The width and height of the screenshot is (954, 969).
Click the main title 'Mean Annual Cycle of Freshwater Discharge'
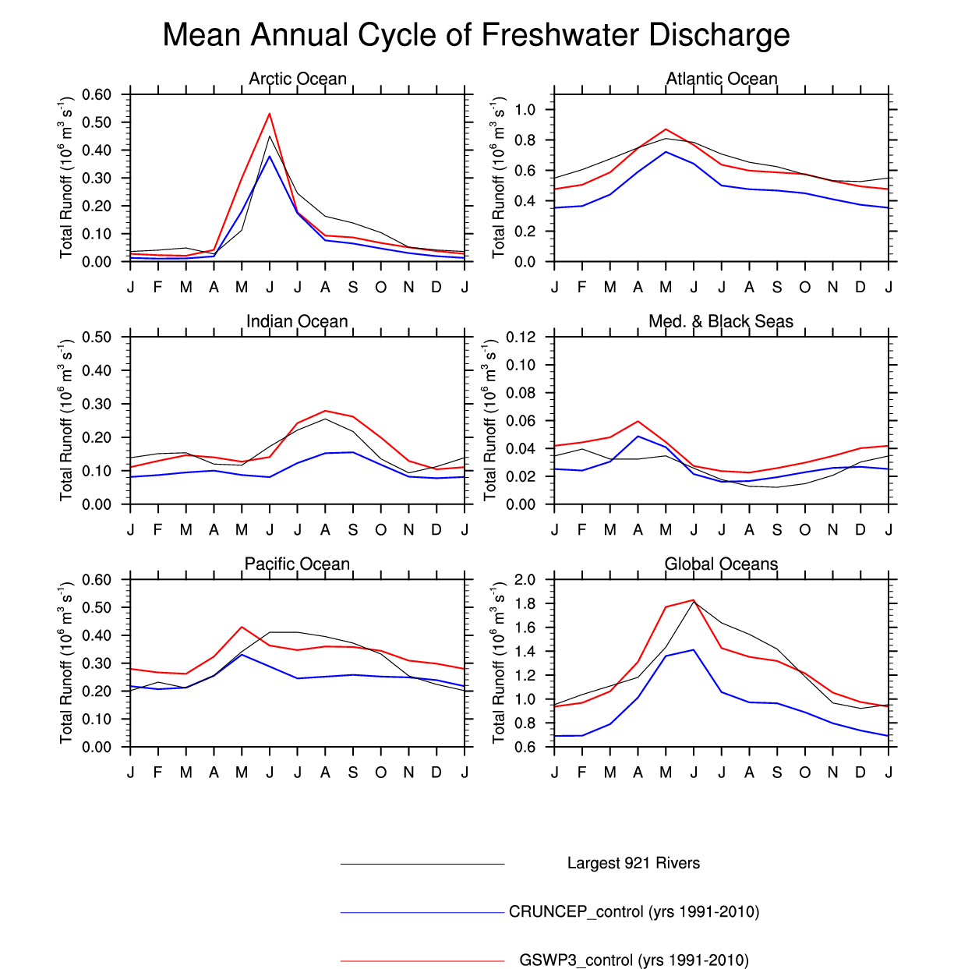(x=476, y=36)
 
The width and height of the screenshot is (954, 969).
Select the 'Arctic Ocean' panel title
(x=298, y=79)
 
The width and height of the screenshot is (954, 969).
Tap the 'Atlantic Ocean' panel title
(x=722, y=79)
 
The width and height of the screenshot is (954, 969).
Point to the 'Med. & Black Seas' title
(x=721, y=321)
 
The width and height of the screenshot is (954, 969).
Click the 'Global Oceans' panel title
(x=721, y=564)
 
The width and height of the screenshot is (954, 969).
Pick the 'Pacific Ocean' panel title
(x=297, y=564)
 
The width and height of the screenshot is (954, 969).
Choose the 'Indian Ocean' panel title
(x=297, y=321)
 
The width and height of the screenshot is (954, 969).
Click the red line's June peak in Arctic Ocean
(x=270, y=114)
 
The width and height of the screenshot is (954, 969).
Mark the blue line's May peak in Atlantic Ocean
(x=666, y=152)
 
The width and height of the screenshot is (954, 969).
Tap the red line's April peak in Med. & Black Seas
(x=638, y=421)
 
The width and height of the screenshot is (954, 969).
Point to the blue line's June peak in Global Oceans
(x=694, y=649)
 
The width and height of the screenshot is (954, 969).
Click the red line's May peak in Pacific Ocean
(x=242, y=627)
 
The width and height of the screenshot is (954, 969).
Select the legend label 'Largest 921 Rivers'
(x=634, y=863)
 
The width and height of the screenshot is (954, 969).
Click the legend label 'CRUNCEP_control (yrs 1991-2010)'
(x=634, y=911)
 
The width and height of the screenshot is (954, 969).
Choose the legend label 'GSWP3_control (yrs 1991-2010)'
(x=634, y=960)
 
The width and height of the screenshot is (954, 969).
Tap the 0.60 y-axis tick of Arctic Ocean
(x=97, y=94)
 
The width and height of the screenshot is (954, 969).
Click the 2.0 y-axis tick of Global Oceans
(x=525, y=579)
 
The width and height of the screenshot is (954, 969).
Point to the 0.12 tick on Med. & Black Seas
(x=521, y=337)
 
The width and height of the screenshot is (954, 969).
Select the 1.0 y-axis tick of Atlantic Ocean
(x=525, y=109)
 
